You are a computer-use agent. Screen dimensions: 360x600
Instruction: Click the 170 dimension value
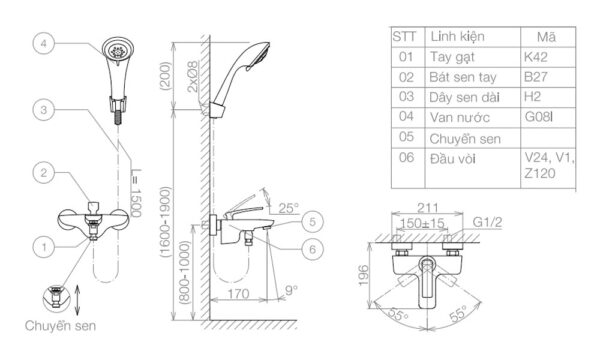coord(236,294)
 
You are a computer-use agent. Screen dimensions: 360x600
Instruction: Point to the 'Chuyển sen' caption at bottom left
coord(62,325)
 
